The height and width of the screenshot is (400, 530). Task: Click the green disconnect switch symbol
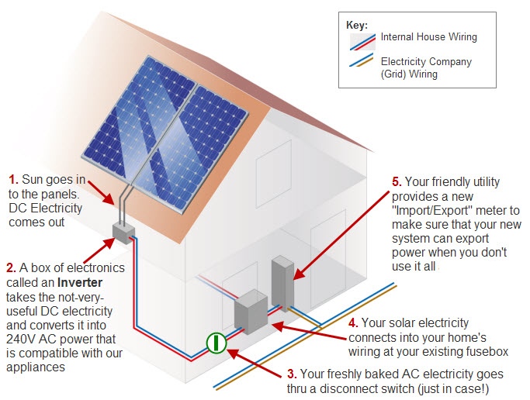(217, 343)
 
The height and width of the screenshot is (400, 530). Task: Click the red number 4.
(354, 323)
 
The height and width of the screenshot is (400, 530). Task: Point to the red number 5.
(397, 182)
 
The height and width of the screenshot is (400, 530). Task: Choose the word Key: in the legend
(357, 25)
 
